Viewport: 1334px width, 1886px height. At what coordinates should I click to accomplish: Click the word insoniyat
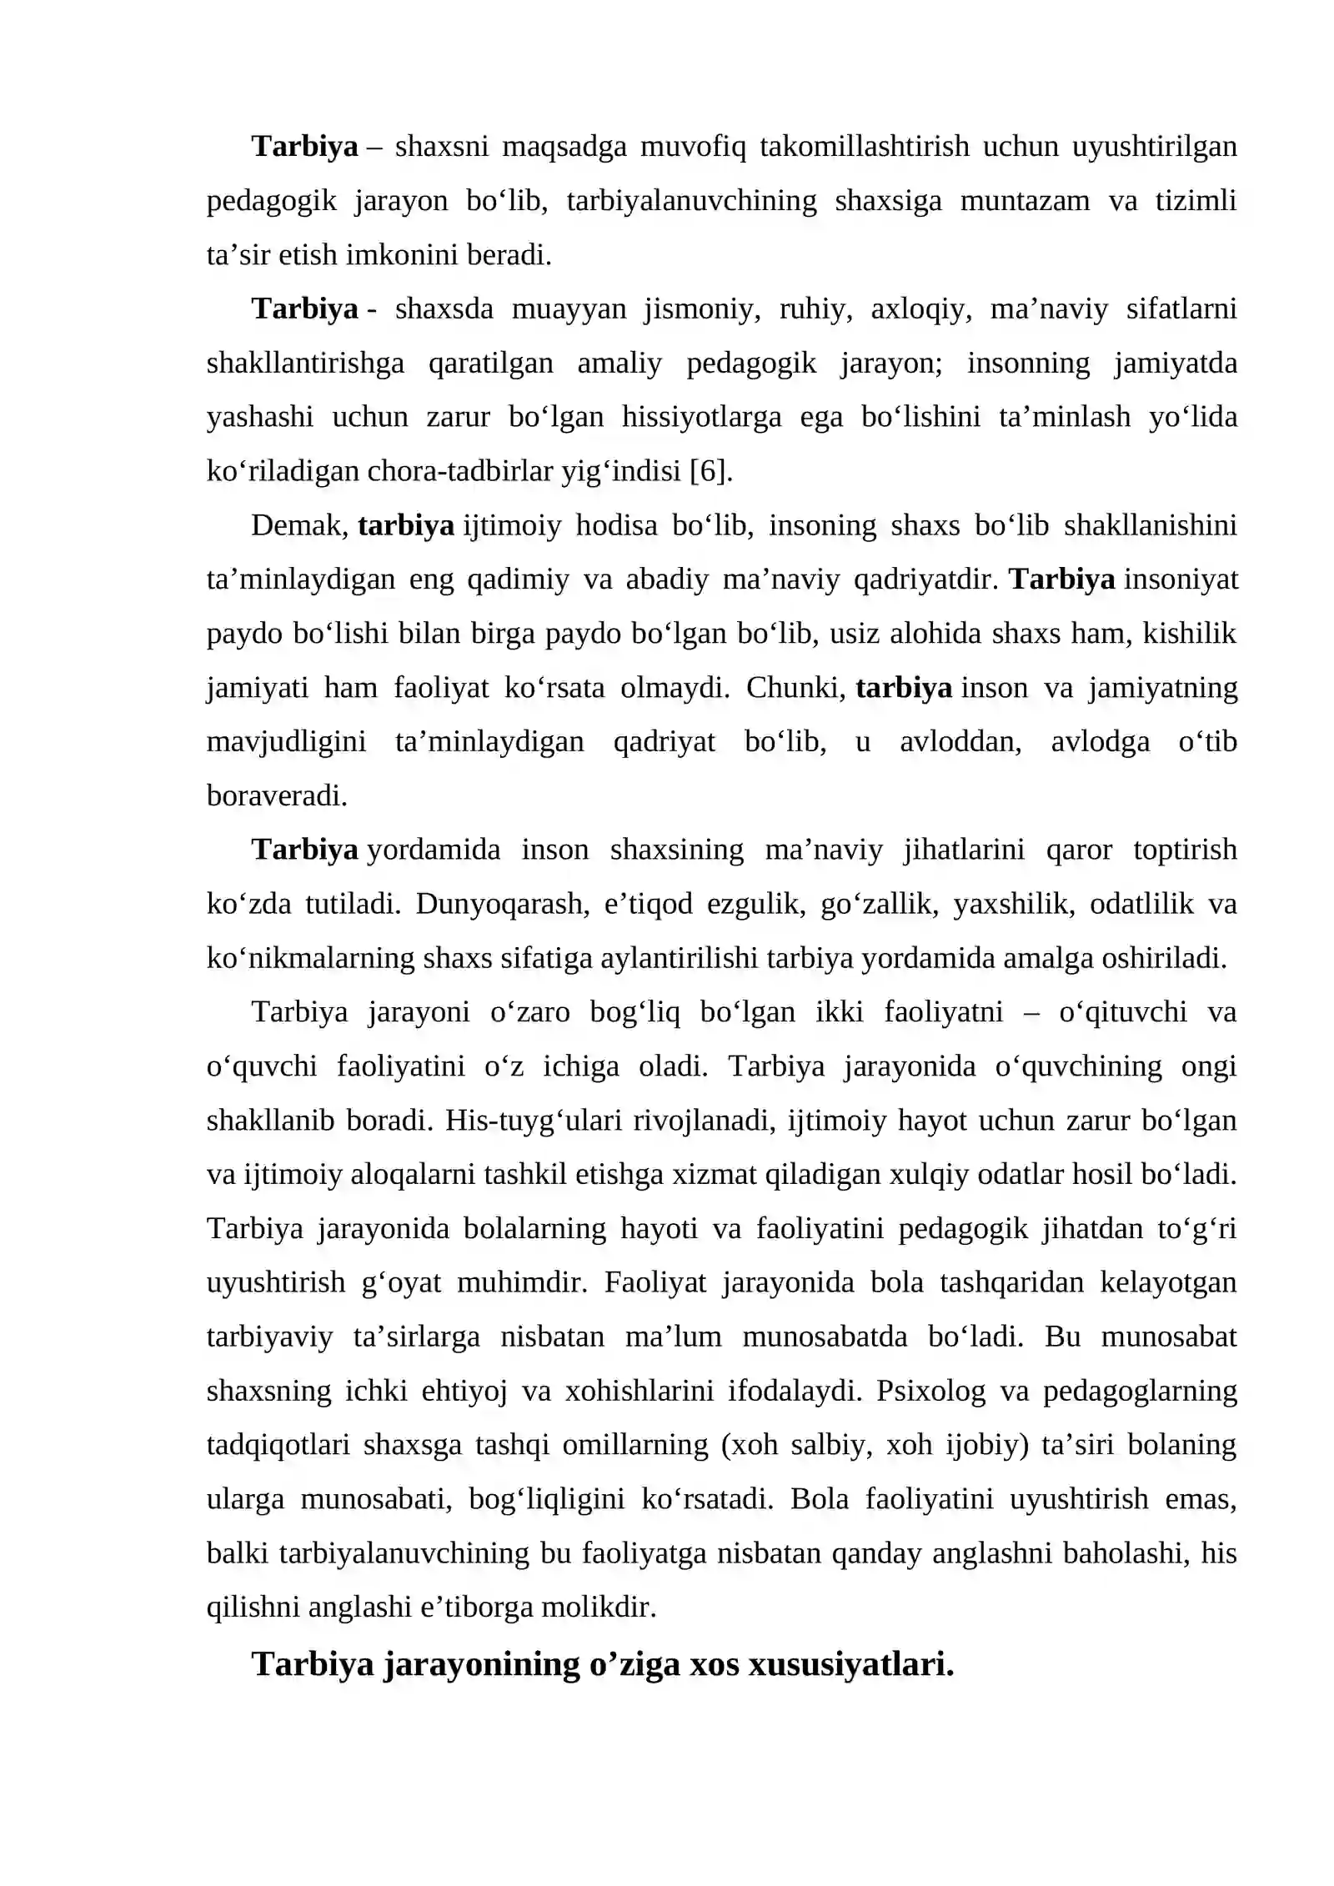click(x=1181, y=579)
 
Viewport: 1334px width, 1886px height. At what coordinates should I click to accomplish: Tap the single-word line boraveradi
click(x=277, y=796)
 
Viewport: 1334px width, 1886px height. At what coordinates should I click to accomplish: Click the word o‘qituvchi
click(x=1122, y=1012)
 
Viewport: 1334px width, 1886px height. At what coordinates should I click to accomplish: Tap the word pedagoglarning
click(x=1140, y=1391)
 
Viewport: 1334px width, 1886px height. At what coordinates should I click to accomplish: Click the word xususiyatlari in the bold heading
click(x=850, y=1664)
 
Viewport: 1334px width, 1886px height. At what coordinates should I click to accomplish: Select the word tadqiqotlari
click(x=278, y=1445)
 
